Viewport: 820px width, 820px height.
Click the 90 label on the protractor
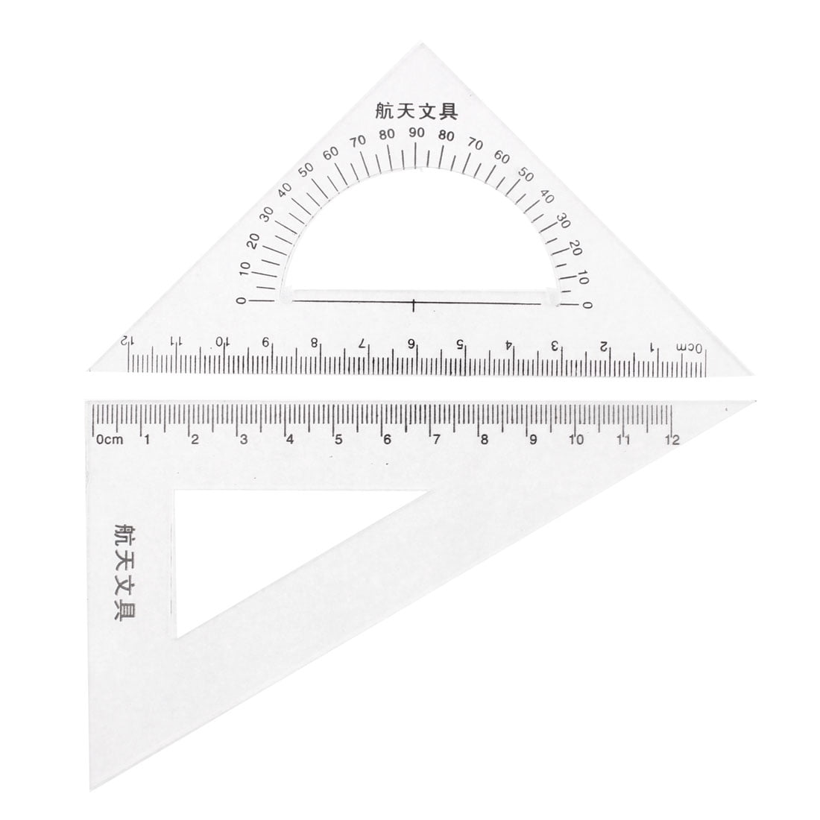click(416, 133)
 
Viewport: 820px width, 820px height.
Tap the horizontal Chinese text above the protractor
click(414, 110)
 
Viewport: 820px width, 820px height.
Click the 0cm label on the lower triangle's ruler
click(109, 439)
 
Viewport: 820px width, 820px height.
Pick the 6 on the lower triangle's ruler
click(386, 439)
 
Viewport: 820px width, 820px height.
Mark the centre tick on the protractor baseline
click(414, 303)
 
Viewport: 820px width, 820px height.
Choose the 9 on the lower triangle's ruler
click(532, 439)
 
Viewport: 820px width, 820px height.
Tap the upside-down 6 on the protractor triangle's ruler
click(411, 344)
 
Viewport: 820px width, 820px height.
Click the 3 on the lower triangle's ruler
click(243, 439)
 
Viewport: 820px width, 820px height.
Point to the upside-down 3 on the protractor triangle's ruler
click(555, 344)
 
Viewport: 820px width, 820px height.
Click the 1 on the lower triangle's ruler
click(147, 439)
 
